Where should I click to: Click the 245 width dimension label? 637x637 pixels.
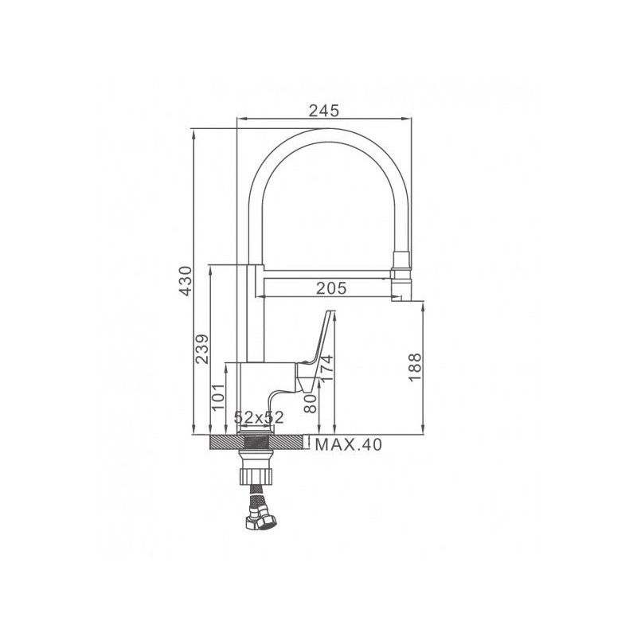point(324,111)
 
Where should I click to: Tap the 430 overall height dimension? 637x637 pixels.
point(186,281)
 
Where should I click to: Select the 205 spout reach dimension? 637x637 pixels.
point(331,288)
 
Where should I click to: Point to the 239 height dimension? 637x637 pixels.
point(202,349)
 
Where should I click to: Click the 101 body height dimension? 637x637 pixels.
point(218,397)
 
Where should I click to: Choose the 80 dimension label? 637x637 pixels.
point(311,404)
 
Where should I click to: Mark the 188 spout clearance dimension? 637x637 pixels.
point(415,367)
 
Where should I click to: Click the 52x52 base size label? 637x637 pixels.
point(259,417)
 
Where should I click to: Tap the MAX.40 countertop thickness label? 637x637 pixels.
point(349,445)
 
